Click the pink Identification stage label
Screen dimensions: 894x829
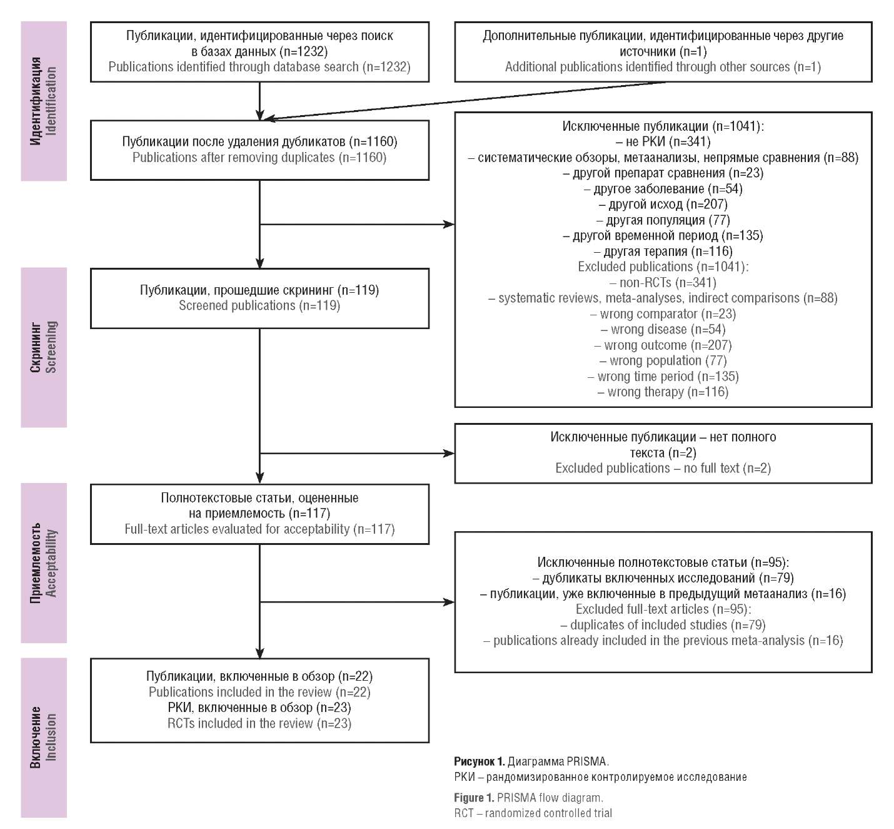click(44, 101)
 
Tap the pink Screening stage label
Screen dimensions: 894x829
click(44, 347)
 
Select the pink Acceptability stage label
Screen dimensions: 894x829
click(44, 562)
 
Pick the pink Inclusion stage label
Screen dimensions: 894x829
click(44, 738)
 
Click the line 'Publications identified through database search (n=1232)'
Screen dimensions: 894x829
click(259, 67)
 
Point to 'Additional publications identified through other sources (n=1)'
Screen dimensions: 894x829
click(663, 67)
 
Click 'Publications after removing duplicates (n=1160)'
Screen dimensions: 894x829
click(259, 158)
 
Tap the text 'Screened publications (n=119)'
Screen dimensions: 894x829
click(259, 305)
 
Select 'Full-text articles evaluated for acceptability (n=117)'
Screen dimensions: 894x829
click(259, 529)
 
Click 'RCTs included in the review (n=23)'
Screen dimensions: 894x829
click(259, 723)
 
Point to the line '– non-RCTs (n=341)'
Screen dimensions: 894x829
click(663, 283)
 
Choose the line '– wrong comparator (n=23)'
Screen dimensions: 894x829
click(663, 313)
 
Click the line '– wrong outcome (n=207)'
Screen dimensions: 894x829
click(663, 345)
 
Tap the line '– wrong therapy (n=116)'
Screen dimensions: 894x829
click(663, 392)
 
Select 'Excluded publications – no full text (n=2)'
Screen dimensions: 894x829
click(663, 468)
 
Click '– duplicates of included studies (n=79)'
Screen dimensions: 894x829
click(663, 625)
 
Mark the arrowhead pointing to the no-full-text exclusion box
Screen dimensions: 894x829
click(449, 453)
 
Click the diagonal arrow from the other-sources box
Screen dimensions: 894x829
click(464, 101)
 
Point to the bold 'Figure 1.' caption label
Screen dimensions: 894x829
click(473, 798)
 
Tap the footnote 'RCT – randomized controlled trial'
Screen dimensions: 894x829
click(533, 813)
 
